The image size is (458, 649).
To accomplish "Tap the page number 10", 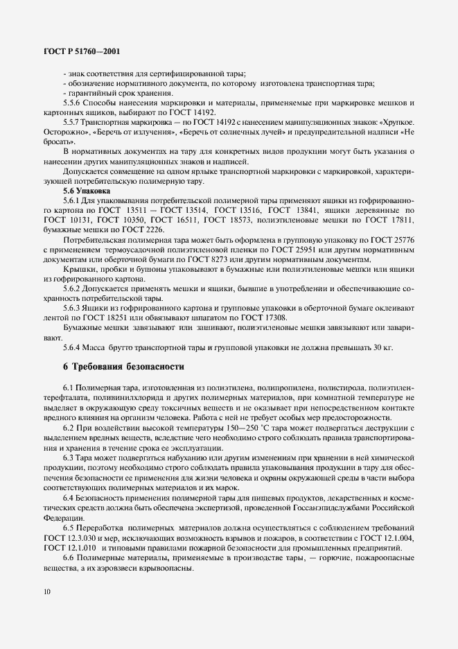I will click(46, 591).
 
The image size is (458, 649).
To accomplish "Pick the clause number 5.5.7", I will click(75, 122).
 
